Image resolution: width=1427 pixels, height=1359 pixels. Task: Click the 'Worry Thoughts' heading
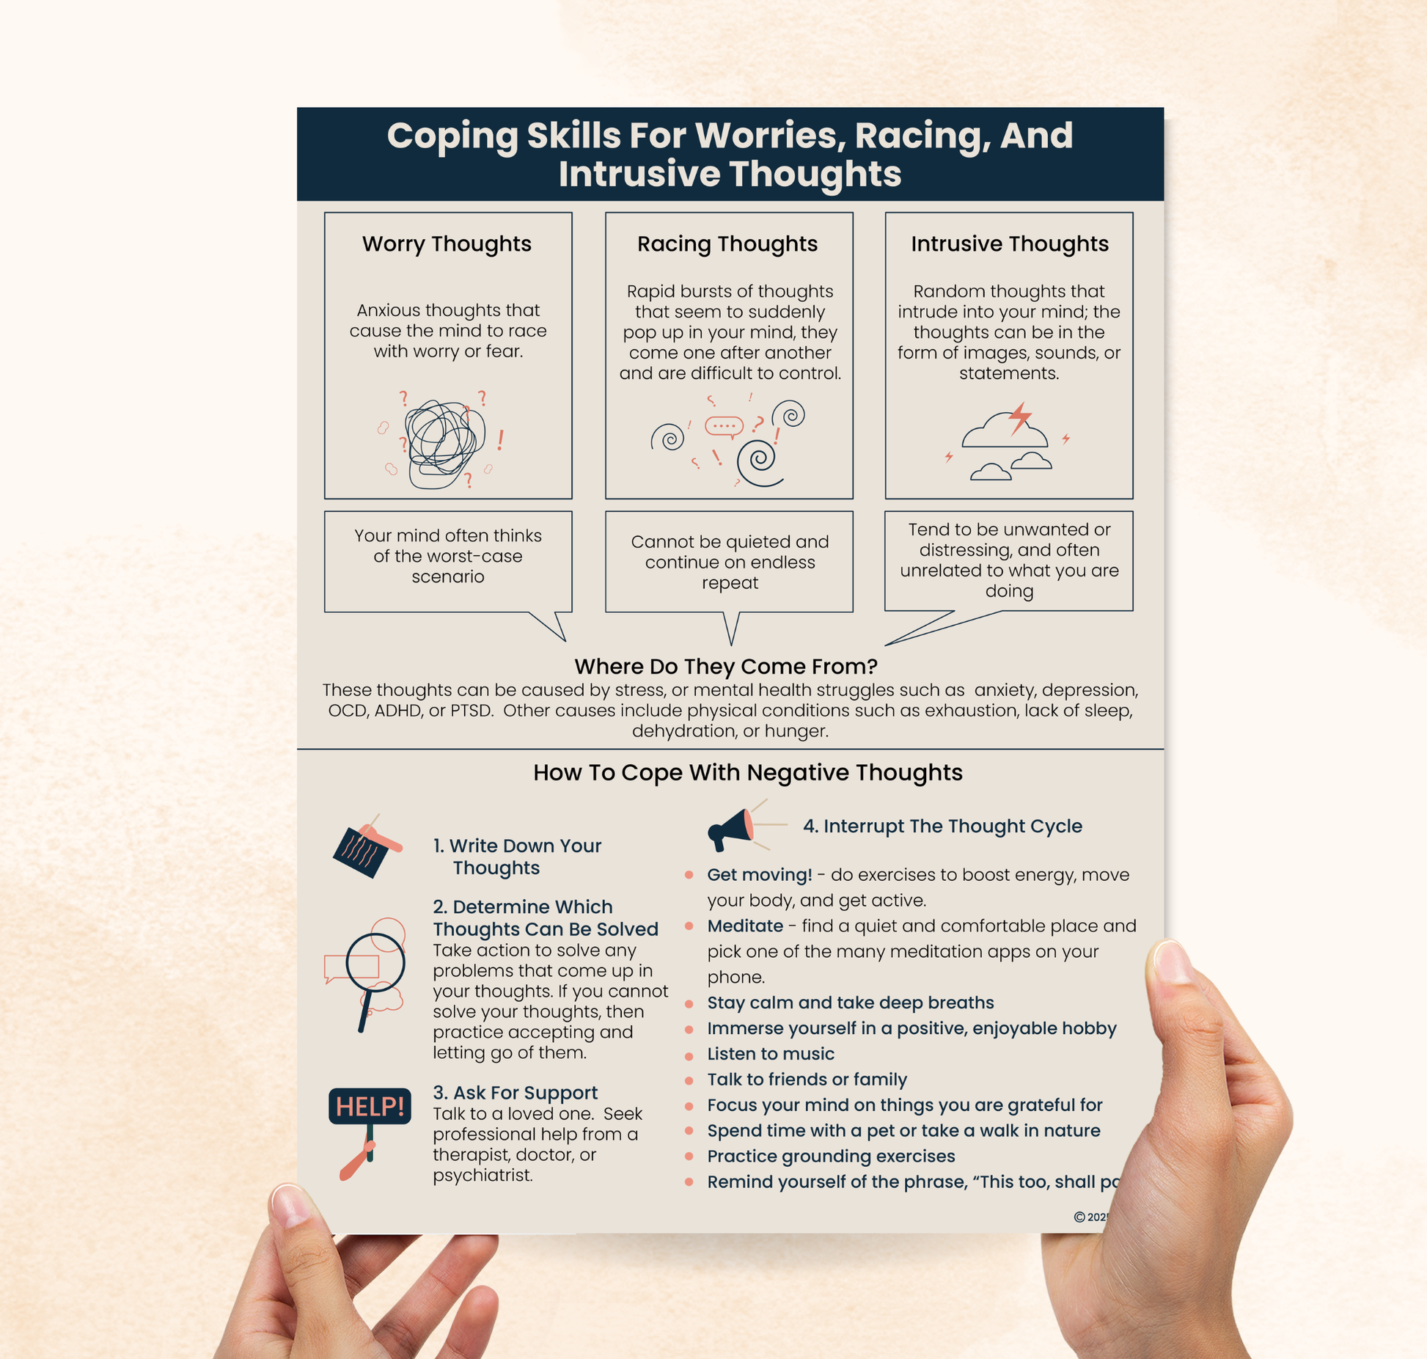tap(447, 243)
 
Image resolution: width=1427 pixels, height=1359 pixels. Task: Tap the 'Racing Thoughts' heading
tap(727, 243)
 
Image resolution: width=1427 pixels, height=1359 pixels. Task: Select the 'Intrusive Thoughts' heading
tap(1009, 243)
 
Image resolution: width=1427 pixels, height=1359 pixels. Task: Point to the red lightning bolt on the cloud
tap(1019, 417)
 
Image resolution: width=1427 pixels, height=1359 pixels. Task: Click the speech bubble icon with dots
tap(724, 426)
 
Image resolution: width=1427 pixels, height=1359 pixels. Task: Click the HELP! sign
tap(369, 1106)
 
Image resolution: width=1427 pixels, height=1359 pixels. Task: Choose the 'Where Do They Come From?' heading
tap(725, 666)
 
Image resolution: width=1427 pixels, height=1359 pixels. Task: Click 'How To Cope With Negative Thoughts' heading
tap(747, 772)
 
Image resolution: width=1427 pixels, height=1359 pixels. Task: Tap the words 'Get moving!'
tap(759, 874)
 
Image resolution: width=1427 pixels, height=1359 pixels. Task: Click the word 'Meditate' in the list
tap(744, 926)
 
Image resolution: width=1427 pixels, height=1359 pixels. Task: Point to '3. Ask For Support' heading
tap(515, 1092)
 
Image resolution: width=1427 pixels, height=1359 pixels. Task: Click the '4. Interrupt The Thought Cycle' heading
tap(942, 826)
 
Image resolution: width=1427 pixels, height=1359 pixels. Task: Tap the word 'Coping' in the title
tap(452, 136)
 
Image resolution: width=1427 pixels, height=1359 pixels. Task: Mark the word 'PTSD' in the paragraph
tap(470, 710)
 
